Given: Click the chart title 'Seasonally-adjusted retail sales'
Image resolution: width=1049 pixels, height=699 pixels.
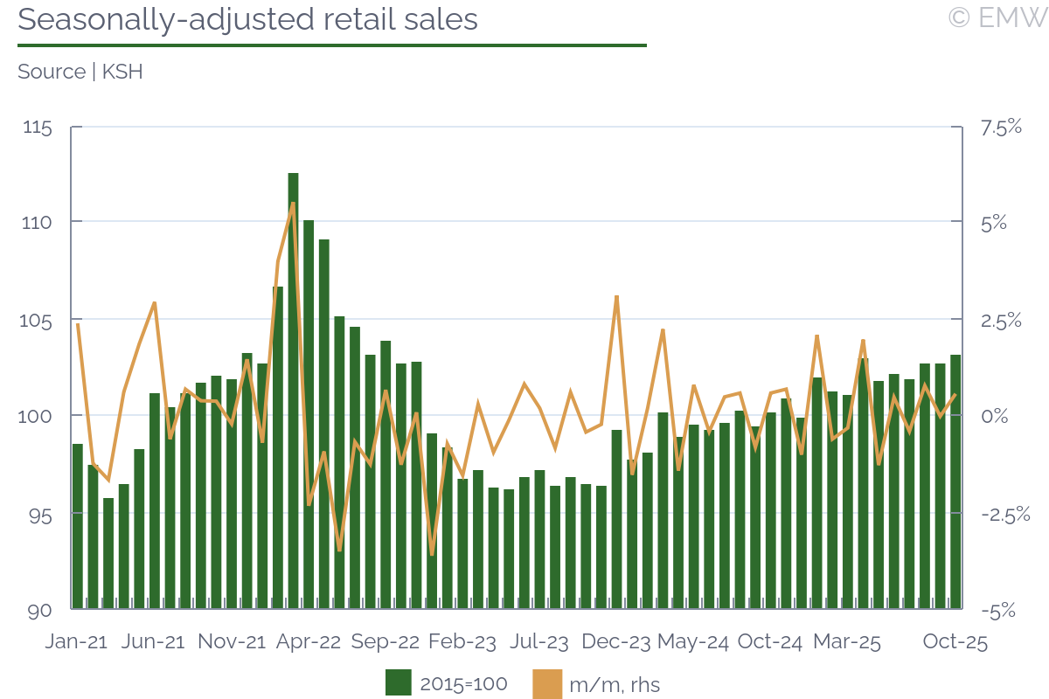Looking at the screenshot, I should (x=247, y=19).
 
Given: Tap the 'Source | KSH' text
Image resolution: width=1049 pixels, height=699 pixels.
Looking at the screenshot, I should (x=80, y=72).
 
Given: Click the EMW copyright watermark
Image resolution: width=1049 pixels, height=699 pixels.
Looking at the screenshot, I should (x=997, y=17).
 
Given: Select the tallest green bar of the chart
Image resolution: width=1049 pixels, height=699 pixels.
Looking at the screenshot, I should (x=293, y=389).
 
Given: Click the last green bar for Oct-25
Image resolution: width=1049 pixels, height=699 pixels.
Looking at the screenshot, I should (x=955, y=481).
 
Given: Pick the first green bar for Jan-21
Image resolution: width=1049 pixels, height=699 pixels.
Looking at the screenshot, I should (x=77, y=525).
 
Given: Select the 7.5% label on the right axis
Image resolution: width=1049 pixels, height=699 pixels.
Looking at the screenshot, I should (x=1001, y=128).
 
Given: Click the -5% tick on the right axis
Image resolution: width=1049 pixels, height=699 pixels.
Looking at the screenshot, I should (x=997, y=611).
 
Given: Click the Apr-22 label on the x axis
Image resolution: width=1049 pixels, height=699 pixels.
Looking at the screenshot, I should (x=308, y=642).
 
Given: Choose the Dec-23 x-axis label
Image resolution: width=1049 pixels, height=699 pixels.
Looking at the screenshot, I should (x=616, y=642).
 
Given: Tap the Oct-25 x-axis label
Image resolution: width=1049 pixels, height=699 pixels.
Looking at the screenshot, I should (x=955, y=642).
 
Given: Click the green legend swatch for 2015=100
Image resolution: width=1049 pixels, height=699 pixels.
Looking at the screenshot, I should (x=399, y=683).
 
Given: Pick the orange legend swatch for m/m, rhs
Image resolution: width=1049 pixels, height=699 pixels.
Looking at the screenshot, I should (x=546, y=683).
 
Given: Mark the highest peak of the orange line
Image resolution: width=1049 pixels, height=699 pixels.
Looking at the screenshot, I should (x=293, y=204).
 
